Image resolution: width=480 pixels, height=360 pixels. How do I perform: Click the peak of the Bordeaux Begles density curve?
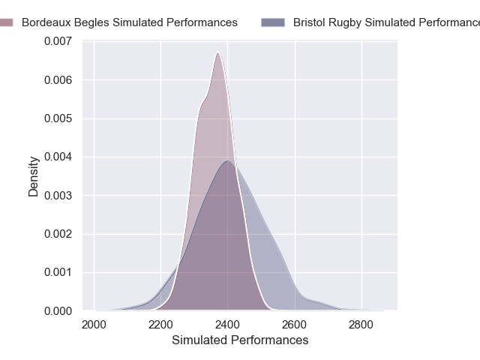click(217, 52)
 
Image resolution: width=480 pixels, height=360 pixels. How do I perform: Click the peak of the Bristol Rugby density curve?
click(226, 161)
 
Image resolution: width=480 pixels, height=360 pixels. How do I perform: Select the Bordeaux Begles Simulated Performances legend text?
click(130, 23)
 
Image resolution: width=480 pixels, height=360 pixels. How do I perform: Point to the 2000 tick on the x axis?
click(94, 325)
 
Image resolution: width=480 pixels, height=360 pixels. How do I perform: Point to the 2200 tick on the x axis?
click(160, 325)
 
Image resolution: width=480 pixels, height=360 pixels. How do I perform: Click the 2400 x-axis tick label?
click(228, 325)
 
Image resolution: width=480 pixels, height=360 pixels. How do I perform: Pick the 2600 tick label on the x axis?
click(295, 325)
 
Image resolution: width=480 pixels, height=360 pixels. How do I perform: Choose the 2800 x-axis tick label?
click(361, 325)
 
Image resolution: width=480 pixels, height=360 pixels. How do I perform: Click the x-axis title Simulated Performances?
click(240, 340)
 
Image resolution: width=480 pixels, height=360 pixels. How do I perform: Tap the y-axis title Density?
click(34, 176)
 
